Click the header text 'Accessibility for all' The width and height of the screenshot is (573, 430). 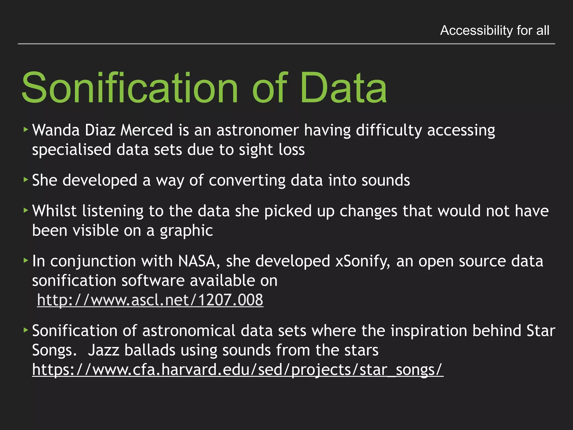pyautogui.click(x=494, y=30)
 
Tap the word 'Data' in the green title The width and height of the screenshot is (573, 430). pyautogui.click(x=343, y=88)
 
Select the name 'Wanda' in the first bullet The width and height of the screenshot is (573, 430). pyautogui.click(x=56, y=130)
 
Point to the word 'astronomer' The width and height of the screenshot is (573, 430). pyautogui.click(x=257, y=130)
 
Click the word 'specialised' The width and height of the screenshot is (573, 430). pyautogui.click(x=72, y=150)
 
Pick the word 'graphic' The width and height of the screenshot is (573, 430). pyautogui.click(x=186, y=231)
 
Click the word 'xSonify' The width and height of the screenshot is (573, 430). pyautogui.click(x=362, y=261)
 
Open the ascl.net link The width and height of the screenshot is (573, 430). pyautogui.click(x=150, y=300)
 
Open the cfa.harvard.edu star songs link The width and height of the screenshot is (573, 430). pyautogui.click(x=238, y=370)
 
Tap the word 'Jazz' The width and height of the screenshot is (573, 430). pyautogui.click(x=104, y=350)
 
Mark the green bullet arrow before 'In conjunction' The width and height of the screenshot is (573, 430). pyautogui.click(x=26, y=260)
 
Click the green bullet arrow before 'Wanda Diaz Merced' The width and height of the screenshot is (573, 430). pyautogui.click(x=26, y=129)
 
